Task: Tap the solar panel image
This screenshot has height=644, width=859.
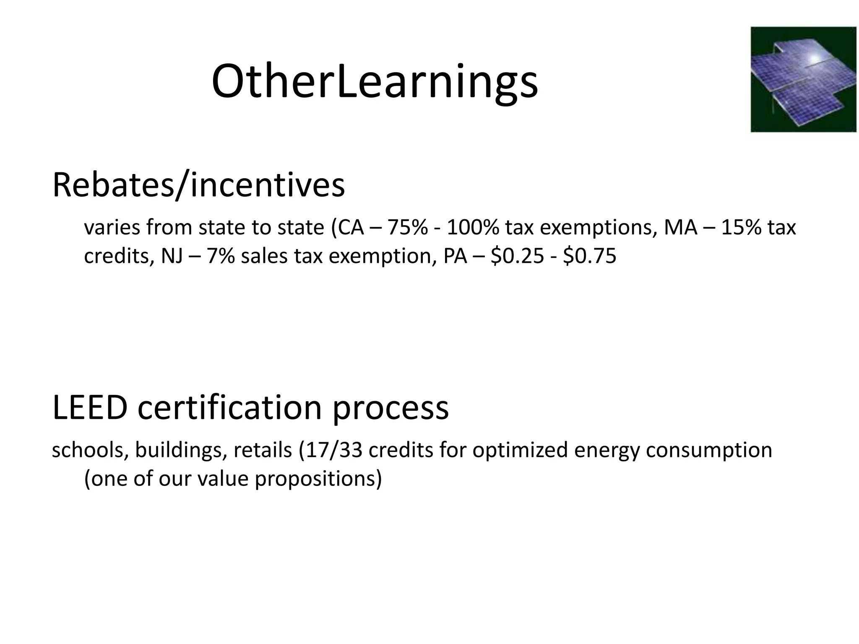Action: [x=803, y=79]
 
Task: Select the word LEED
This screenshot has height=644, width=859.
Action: [x=90, y=408]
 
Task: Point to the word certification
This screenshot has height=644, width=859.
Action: [x=229, y=408]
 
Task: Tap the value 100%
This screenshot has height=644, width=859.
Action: [x=472, y=228]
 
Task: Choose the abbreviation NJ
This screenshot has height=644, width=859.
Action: [x=172, y=256]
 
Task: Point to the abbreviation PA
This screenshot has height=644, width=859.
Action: [x=455, y=256]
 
